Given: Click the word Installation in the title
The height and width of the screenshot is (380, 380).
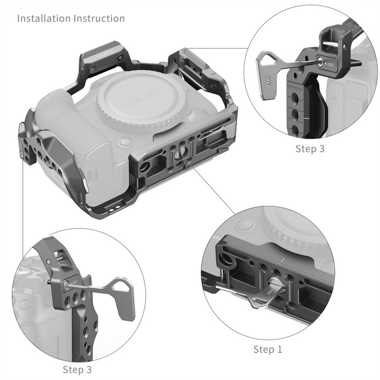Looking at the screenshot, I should tap(43, 18).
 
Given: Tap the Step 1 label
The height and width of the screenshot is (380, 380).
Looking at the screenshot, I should tap(267, 349).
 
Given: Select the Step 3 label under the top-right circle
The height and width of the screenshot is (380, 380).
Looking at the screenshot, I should tap(309, 148).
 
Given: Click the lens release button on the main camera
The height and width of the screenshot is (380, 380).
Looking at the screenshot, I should tap(125, 142).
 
